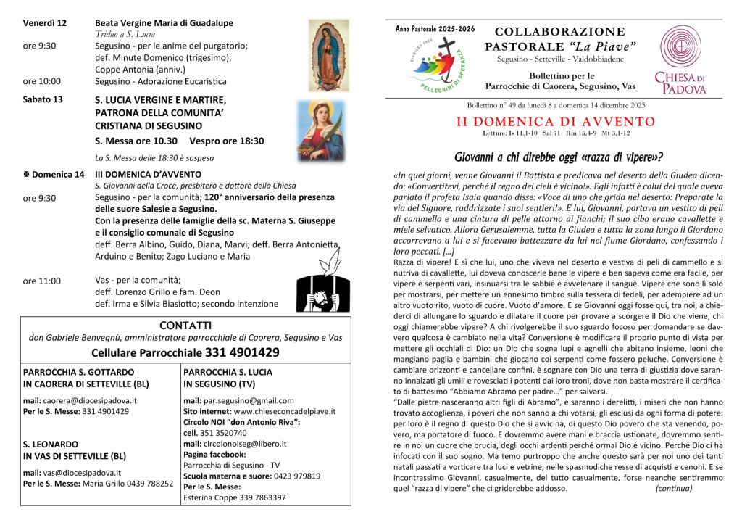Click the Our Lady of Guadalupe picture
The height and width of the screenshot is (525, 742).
click(x=329, y=54)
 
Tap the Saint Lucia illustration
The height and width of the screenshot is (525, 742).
click(x=322, y=131)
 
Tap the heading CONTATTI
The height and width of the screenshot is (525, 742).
click(x=185, y=325)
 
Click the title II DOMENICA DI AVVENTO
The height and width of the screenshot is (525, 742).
click(x=555, y=122)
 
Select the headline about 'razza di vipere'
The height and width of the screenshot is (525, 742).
click(x=558, y=157)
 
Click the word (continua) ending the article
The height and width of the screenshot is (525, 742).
click(x=674, y=488)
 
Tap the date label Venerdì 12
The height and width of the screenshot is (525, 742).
click(x=45, y=23)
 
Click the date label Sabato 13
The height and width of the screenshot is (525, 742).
click(x=43, y=99)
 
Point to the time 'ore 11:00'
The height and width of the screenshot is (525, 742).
click(x=42, y=281)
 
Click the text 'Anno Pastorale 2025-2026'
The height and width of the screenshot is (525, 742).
click(x=435, y=29)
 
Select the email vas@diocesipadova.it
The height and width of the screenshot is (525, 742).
click(x=72, y=472)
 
